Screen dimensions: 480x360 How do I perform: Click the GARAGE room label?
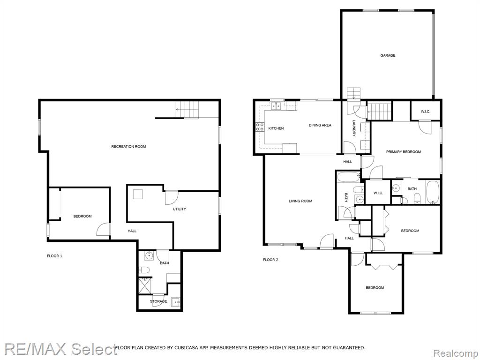[388, 55]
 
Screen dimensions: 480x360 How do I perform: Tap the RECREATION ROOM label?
[128, 147]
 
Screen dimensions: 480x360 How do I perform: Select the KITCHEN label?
[276, 128]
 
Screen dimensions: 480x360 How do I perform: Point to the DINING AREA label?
[320, 125]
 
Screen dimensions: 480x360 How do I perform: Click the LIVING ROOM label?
[300, 201]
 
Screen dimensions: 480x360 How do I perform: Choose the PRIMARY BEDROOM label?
[404, 152]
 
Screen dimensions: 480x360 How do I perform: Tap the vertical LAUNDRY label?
[354, 128]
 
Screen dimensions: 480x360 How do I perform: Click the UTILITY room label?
[180, 209]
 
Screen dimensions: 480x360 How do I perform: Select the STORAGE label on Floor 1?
[158, 301]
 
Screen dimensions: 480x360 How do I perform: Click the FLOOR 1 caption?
[54, 256]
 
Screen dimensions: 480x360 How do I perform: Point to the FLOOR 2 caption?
[270, 260]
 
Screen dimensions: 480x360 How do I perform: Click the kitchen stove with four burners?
[260, 127]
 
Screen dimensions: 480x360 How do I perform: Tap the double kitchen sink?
[277, 106]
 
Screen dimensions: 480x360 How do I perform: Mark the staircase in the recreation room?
[187, 110]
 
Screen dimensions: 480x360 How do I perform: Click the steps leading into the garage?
[354, 93]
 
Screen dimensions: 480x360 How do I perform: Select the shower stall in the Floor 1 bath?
[145, 285]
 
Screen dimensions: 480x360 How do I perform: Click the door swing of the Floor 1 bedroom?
[103, 229]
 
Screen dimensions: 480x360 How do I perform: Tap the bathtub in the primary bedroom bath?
[433, 192]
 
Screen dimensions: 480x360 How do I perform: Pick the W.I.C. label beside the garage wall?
[425, 112]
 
